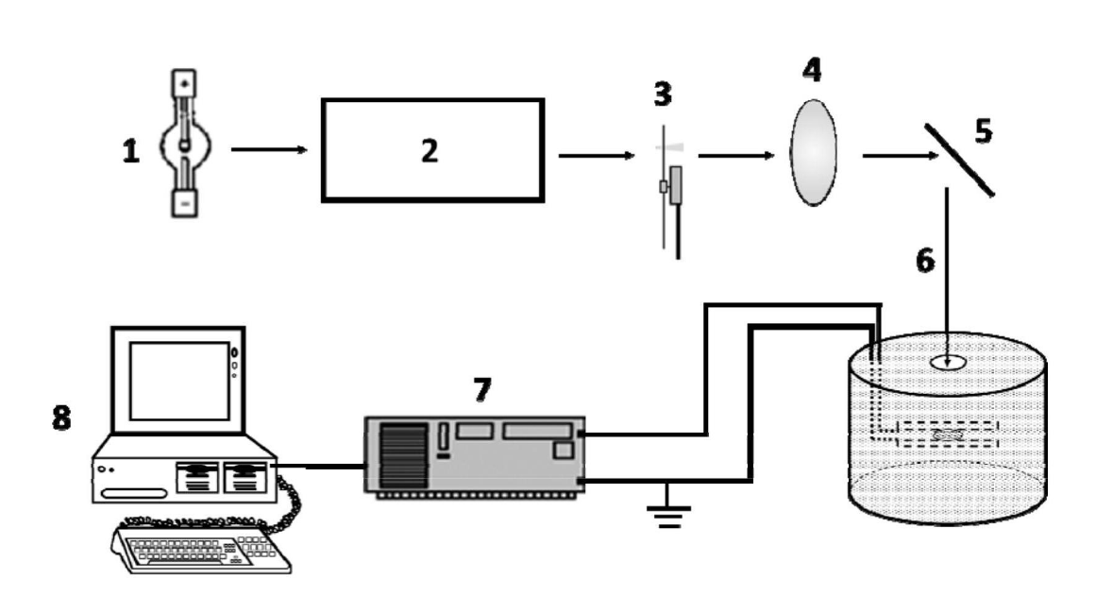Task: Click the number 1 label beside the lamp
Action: (130, 151)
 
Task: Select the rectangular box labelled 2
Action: (432, 149)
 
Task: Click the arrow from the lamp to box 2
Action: (269, 148)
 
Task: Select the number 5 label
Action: (983, 131)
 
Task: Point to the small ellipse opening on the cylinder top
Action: (948, 362)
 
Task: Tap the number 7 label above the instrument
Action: (482, 388)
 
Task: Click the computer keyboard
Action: (203, 549)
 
